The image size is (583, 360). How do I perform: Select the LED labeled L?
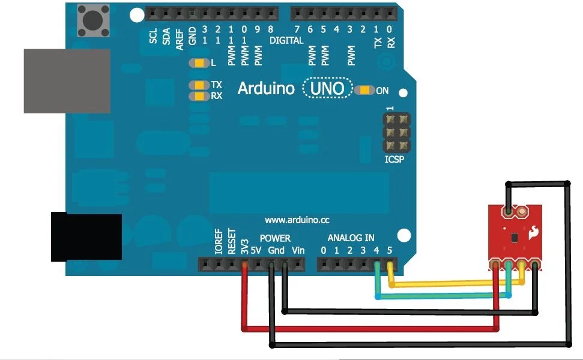click(197, 63)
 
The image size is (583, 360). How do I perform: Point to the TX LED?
click(197, 85)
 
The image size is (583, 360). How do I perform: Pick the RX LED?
click(197, 96)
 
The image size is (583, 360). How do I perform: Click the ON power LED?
click(364, 91)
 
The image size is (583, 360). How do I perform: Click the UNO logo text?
click(327, 89)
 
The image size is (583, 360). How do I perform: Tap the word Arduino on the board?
click(266, 89)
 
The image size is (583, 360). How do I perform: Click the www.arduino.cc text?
click(297, 220)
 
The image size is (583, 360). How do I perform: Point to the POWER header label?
click(275, 238)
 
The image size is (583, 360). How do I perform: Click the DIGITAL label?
click(287, 41)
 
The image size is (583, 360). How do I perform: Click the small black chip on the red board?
click(514, 238)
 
